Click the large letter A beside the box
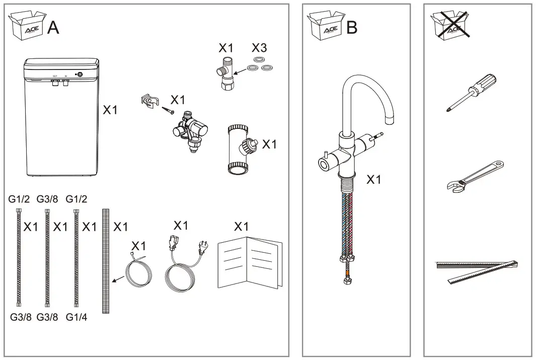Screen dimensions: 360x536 [x=53, y=28]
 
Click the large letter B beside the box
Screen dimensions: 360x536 [x=352, y=28]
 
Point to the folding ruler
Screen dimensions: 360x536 [x=476, y=270]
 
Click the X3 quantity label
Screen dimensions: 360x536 [x=259, y=48]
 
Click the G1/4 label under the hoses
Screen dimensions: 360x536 [x=76, y=318]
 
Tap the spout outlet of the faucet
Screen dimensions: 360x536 [x=390, y=121]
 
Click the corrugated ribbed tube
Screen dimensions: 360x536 [x=106, y=261]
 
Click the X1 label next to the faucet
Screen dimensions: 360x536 [x=373, y=179]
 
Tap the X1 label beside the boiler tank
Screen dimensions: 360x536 [x=110, y=110]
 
